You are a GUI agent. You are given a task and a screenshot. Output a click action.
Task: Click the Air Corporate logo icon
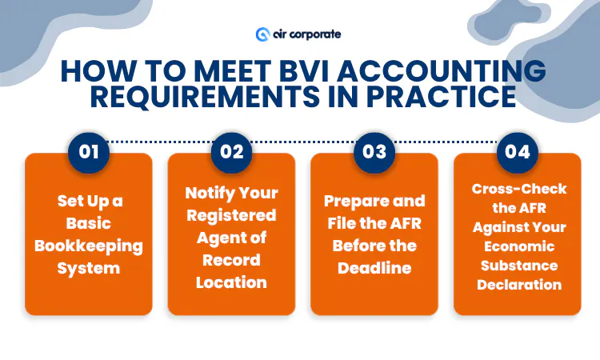pyautogui.click(x=262, y=34)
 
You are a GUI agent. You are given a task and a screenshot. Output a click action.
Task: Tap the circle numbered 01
pyautogui.click(x=89, y=151)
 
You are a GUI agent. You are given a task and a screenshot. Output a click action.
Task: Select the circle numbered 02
pyautogui.click(x=232, y=151)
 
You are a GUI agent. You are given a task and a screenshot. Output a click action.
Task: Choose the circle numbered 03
pyautogui.click(x=374, y=151)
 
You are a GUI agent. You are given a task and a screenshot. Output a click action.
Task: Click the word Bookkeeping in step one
pyautogui.click(x=89, y=245)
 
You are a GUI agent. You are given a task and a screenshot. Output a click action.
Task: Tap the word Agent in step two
pyautogui.click(x=217, y=238)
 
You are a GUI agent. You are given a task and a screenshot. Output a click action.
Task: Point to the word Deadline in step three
pyautogui.click(x=374, y=267)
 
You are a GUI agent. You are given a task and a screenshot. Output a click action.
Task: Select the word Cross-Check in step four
pyautogui.click(x=519, y=189)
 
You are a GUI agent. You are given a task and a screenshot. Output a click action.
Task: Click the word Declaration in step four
pyautogui.click(x=519, y=285)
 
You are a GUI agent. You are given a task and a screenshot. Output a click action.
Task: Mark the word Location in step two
pyautogui.click(x=231, y=282)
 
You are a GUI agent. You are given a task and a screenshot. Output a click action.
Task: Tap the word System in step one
pyautogui.click(x=89, y=267)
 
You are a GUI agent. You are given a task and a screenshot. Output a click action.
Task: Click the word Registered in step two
pyautogui.click(x=231, y=215)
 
